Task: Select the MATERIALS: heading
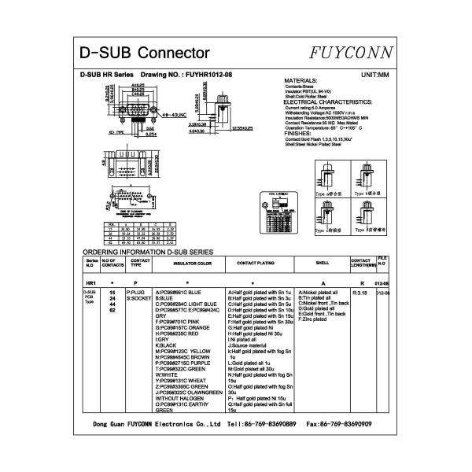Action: point(300,81)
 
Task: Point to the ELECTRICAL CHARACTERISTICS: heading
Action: point(327,102)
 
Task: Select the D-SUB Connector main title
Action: point(145,53)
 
